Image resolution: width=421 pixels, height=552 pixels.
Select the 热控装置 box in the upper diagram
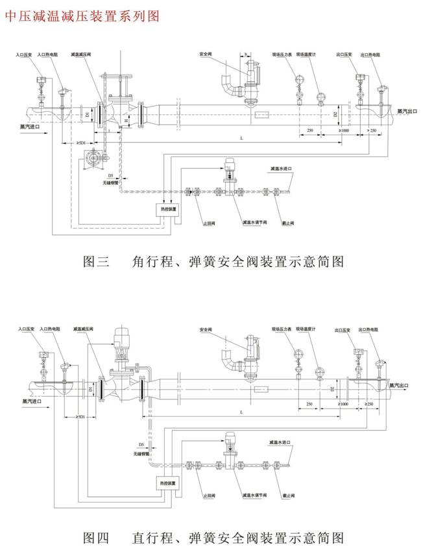pos(160,209)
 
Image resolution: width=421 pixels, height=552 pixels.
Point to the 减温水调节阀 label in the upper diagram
pos(256,222)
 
